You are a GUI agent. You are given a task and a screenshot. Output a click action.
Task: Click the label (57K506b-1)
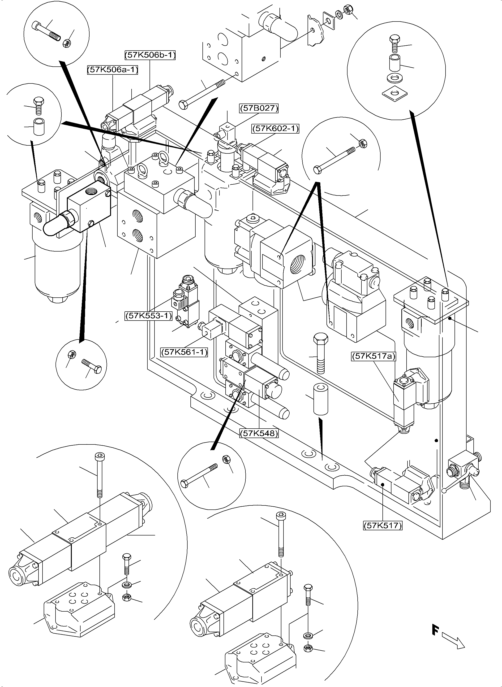pos(150,55)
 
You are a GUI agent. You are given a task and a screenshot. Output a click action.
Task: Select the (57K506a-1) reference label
pos(113,70)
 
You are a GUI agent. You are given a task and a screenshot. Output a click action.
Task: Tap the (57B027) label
pos(259,108)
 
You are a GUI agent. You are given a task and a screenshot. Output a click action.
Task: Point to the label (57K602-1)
pos(275,129)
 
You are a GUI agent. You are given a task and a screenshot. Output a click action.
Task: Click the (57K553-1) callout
pos(149,316)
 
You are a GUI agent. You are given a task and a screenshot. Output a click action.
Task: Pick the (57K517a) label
pos(373,356)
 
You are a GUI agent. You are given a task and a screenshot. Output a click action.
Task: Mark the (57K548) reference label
pos(259,433)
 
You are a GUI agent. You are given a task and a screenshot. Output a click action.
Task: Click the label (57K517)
pos(382,525)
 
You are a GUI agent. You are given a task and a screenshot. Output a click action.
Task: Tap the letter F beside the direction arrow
pos(435,630)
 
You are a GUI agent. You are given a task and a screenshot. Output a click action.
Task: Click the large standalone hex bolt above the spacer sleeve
pos(321,353)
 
